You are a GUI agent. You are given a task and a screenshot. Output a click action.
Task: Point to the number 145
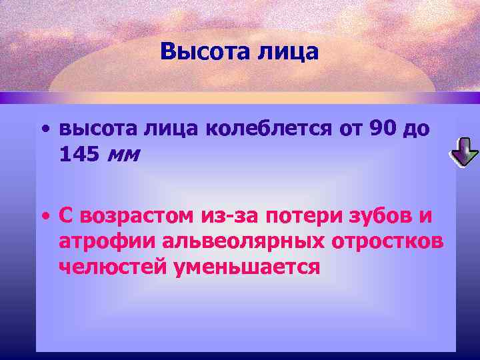[80, 155]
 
